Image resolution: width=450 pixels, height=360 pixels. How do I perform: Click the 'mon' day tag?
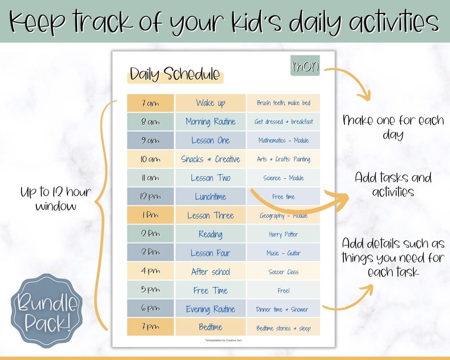pyautogui.click(x=305, y=66)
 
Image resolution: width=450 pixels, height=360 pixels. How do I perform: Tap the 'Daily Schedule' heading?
pyautogui.click(x=175, y=74)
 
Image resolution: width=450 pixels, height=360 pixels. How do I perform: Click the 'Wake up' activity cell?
pyautogui.click(x=210, y=103)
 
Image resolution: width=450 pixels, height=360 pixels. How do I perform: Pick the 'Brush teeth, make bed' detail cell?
pyautogui.click(x=283, y=103)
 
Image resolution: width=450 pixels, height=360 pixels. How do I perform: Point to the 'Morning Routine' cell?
pyautogui.click(x=210, y=121)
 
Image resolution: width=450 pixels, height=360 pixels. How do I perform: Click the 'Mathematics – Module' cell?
pyautogui.click(x=283, y=140)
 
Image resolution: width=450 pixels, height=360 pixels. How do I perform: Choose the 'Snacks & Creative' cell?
pyautogui.click(x=210, y=159)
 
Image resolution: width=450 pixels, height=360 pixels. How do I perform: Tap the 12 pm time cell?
pyautogui.click(x=150, y=196)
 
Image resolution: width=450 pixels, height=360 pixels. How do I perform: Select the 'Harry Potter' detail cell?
pyautogui.click(x=283, y=234)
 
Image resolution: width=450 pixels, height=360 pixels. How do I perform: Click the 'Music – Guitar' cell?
pyautogui.click(x=283, y=253)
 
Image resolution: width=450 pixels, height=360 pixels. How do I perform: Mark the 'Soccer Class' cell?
pyautogui.click(x=283, y=272)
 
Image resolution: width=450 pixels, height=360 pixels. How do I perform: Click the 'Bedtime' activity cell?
pyautogui.click(x=210, y=327)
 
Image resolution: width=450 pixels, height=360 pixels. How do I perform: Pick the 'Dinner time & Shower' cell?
pyautogui.click(x=283, y=309)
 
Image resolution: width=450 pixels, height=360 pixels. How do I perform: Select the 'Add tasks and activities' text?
pyautogui.click(x=393, y=184)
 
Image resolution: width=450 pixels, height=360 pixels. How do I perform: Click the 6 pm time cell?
pyautogui.click(x=150, y=309)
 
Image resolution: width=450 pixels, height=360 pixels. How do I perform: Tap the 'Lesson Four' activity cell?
pyautogui.click(x=210, y=253)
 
